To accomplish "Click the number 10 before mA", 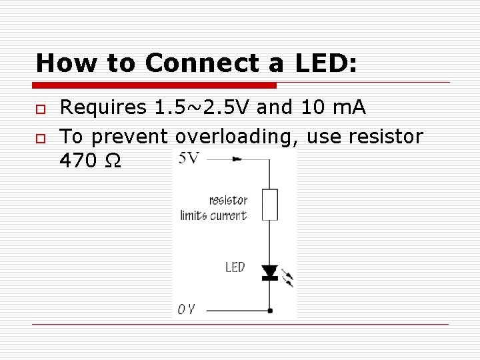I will pyautogui.click(x=300, y=107).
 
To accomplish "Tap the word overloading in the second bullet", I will pyautogui.click(x=237, y=137).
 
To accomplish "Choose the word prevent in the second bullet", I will pyautogui.click(x=129, y=137).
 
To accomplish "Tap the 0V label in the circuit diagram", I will pyautogui.click(x=186, y=309).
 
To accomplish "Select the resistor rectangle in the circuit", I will pyautogui.click(x=269, y=205).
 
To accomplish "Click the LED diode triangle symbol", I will pyautogui.click(x=269, y=271).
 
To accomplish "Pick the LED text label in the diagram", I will pyautogui.click(x=235, y=267).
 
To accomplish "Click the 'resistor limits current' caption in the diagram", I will pyautogui.click(x=214, y=207).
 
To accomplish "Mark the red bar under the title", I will pyautogui.click(x=154, y=85).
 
